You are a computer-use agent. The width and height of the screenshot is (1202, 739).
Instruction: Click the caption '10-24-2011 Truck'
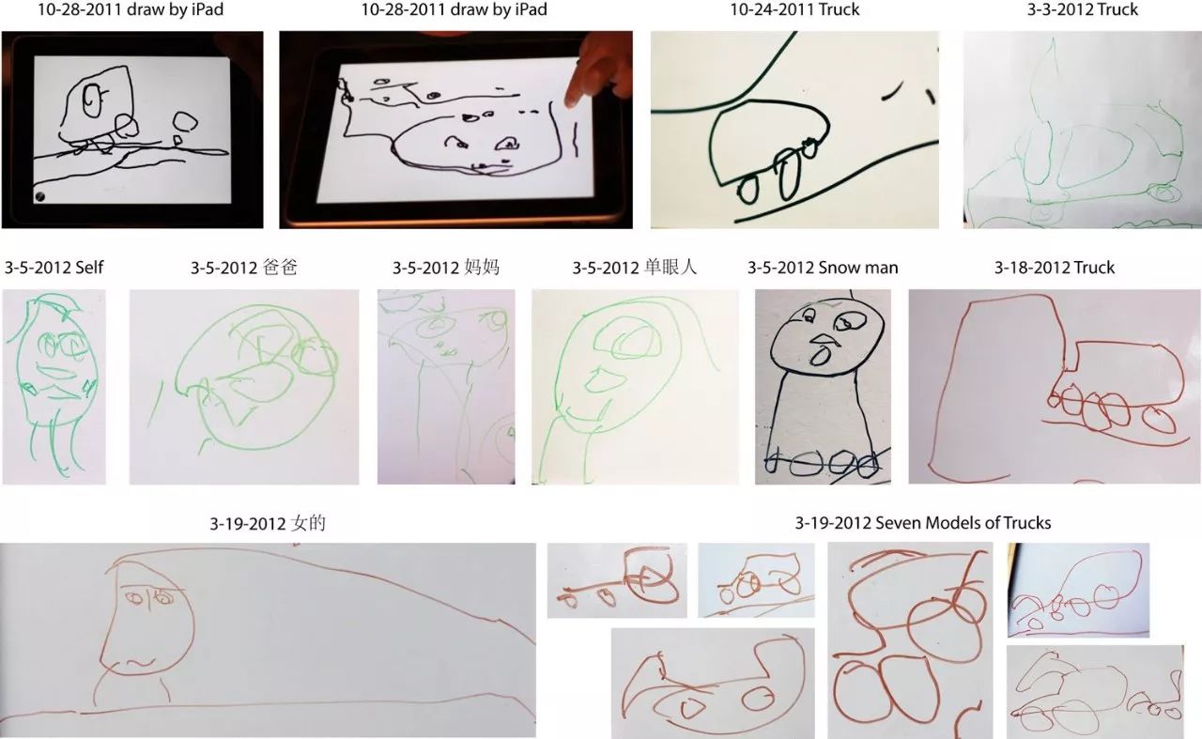click(x=794, y=10)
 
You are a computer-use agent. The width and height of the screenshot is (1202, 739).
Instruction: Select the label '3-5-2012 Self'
click(x=54, y=268)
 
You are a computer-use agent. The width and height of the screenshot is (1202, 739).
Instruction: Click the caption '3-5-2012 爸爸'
click(x=243, y=268)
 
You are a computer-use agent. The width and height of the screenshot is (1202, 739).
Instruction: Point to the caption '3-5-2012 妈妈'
click(x=446, y=268)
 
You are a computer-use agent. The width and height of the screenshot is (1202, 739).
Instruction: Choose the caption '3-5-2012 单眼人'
click(x=635, y=268)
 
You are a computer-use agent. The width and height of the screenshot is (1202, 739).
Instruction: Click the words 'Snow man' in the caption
click(x=858, y=268)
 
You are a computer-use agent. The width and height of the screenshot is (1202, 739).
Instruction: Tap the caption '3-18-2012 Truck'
click(x=1054, y=268)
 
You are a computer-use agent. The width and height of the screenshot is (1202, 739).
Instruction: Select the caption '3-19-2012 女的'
click(x=268, y=523)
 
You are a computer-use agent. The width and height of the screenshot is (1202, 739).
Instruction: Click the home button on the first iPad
click(x=39, y=196)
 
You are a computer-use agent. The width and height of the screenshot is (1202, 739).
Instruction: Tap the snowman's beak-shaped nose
click(x=822, y=340)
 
